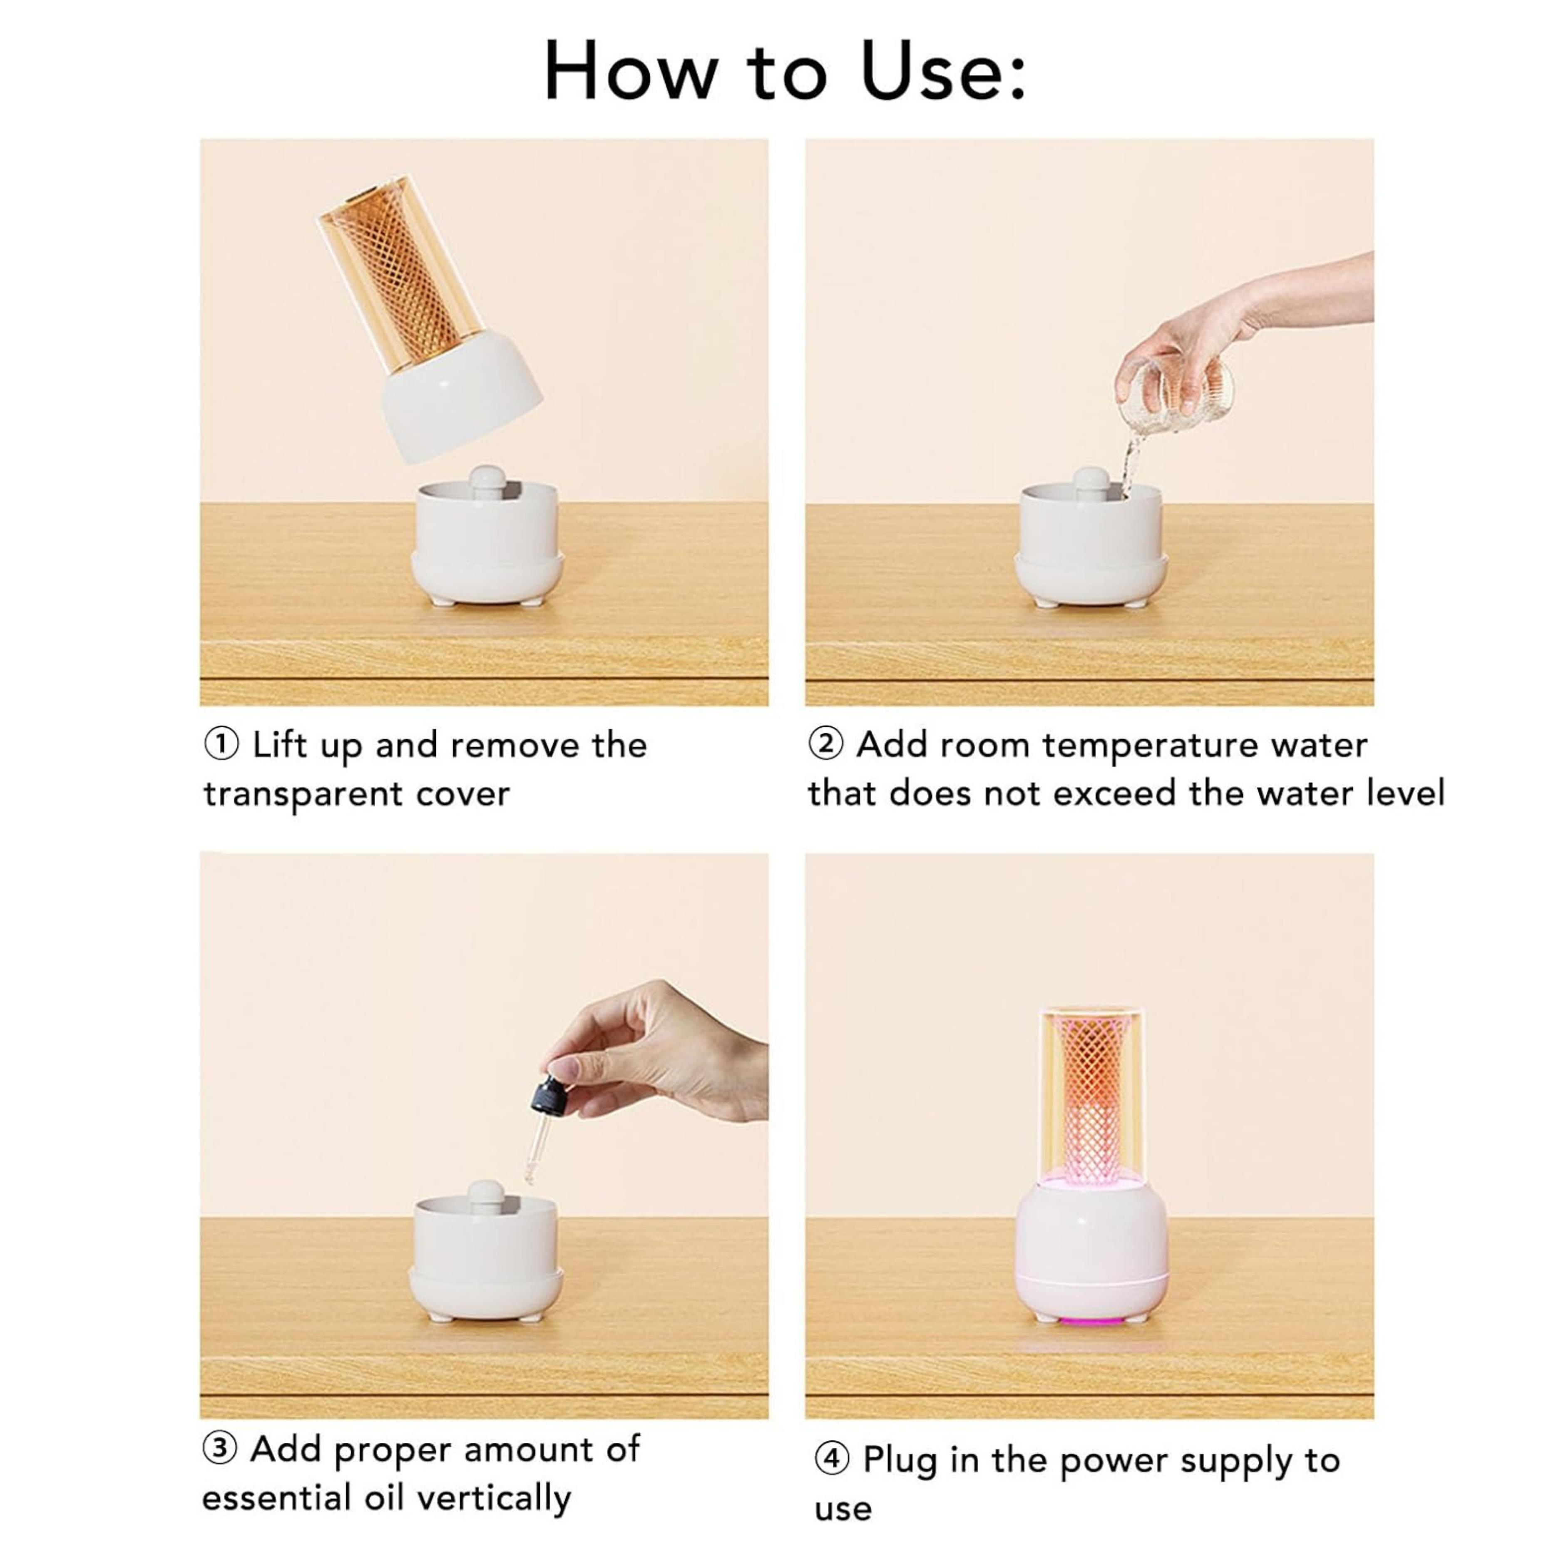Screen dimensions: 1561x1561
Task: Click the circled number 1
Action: click(x=221, y=744)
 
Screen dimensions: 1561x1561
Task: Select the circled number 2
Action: click(x=826, y=744)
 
